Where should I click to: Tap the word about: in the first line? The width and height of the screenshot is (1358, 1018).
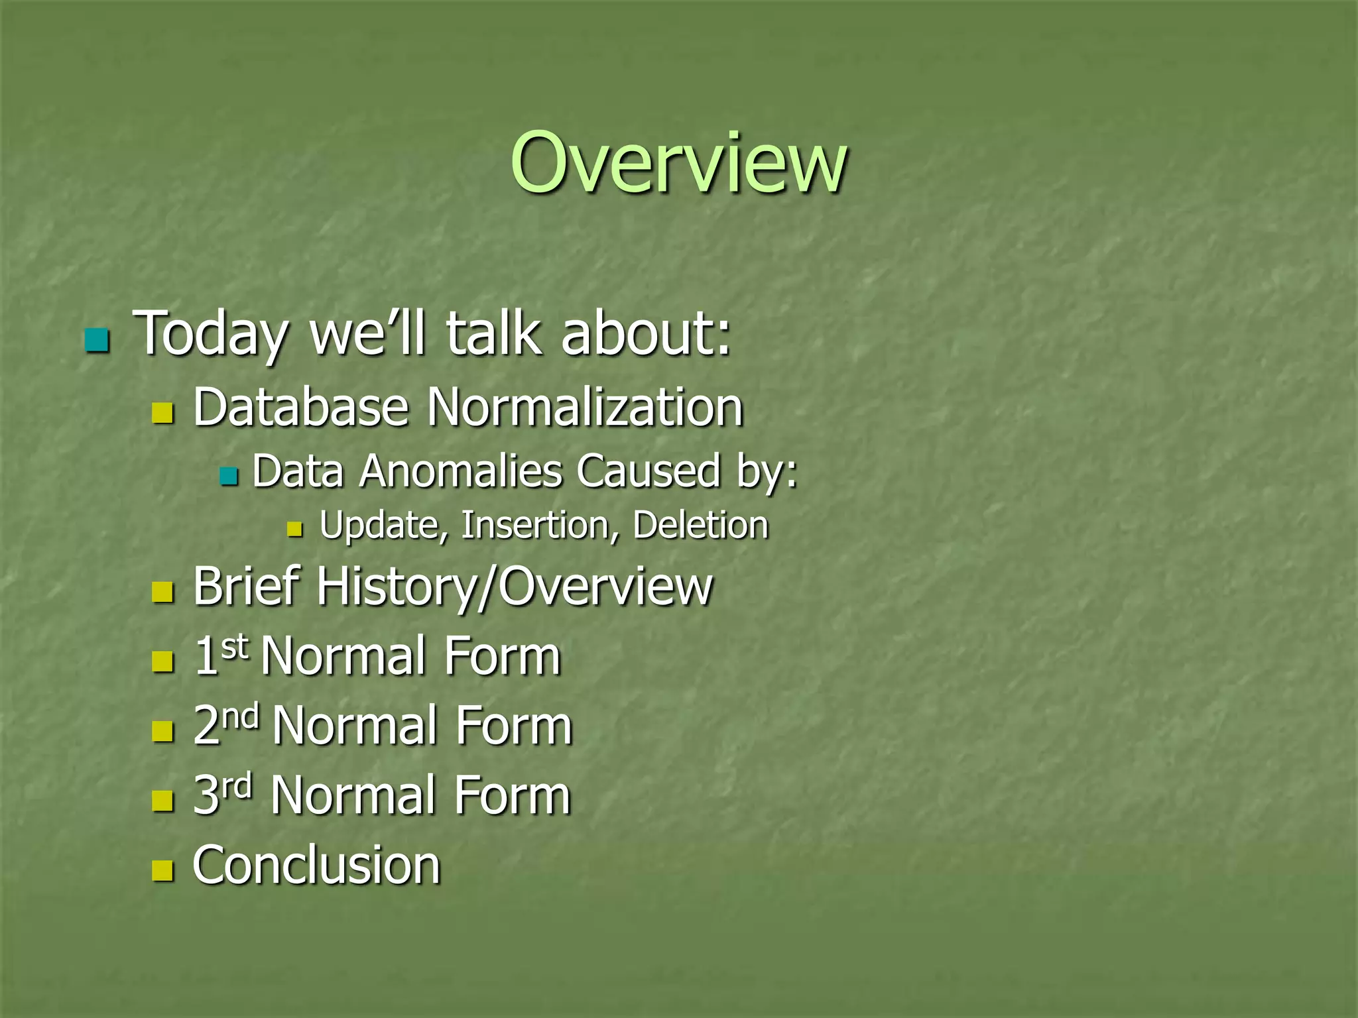pyautogui.click(x=646, y=333)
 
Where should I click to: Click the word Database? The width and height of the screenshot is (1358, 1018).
pyautogui.click(x=300, y=407)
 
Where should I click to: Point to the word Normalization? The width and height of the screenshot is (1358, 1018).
pyautogui.click(x=585, y=407)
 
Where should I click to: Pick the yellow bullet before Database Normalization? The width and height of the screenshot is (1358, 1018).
pyautogui.click(x=162, y=414)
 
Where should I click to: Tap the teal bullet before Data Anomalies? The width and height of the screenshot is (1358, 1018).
pyautogui.click(x=228, y=476)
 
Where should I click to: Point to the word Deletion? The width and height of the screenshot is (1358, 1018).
pyautogui.click(x=700, y=526)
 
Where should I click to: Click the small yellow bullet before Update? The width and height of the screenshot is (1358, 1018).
pyautogui.click(x=294, y=530)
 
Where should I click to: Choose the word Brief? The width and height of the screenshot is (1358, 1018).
pyautogui.click(x=248, y=587)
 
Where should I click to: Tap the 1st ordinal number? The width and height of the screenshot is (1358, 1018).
pyautogui.click(x=220, y=655)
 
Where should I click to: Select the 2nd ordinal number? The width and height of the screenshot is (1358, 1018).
pyautogui.click(x=225, y=724)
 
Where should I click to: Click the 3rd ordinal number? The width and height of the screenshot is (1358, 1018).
pyautogui.click(x=223, y=794)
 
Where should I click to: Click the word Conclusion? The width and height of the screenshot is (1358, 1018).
pyautogui.click(x=316, y=865)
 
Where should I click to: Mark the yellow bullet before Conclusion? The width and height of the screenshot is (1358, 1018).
pyautogui.click(x=162, y=870)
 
